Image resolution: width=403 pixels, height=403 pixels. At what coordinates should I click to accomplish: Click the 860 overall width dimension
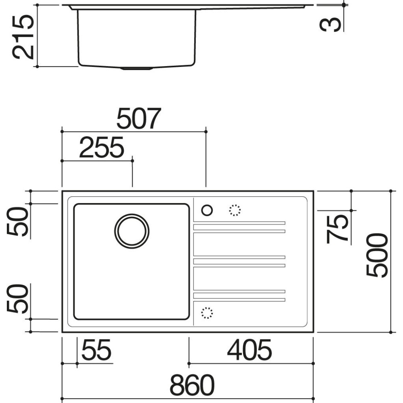[191, 386]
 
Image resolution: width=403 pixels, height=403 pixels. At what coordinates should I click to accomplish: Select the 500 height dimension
[377, 255]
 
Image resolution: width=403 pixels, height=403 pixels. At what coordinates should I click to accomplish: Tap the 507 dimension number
[139, 119]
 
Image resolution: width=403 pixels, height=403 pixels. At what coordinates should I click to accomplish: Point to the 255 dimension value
[101, 148]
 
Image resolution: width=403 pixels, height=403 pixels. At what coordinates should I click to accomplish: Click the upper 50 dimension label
[18, 221]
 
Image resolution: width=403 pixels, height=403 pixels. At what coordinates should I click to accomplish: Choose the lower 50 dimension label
[18, 299]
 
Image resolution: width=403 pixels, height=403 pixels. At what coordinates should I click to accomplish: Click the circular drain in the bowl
[132, 231]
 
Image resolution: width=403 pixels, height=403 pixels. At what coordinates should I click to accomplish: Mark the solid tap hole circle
[207, 210]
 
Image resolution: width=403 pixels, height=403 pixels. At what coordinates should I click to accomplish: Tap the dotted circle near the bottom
[207, 313]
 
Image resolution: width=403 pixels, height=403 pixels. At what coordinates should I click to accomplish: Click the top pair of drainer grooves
[239, 227]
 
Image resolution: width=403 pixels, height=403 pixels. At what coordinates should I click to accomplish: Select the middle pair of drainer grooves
[239, 261]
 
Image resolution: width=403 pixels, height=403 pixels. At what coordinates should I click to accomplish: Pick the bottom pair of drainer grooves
[239, 295]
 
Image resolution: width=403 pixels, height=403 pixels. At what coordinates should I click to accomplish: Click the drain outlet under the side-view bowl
[137, 69]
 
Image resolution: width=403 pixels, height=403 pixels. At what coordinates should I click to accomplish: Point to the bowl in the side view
[137, 38]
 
